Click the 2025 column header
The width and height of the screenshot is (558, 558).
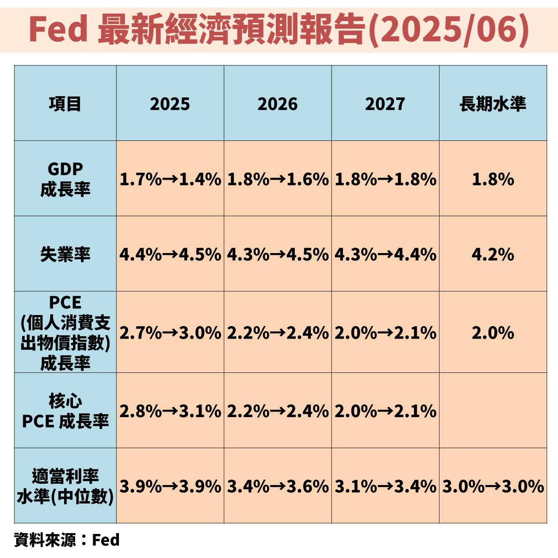pyautogui.click(x=170, y=104)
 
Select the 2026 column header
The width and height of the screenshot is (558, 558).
pyautogui.click(x=278, y=104)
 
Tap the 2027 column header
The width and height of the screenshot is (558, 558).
pyautogui.click(x=385, y=104)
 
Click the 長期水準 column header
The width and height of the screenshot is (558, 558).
pyautogui.click(x=493, y=104)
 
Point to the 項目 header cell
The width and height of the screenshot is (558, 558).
pyautogui.click(x=65, y=104)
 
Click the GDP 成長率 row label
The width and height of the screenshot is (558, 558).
pyautogui.click(x=65, y=179)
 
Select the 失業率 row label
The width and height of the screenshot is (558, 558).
pyautogui.click(x=65, y=254)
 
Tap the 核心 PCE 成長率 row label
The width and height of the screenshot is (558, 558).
pyautogui.click(x=65, y=411)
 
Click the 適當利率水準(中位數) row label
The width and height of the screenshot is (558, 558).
pyautogui.click(x=65, y=486)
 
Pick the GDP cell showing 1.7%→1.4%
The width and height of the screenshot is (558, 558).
pyautogui.click(x=170, y=179)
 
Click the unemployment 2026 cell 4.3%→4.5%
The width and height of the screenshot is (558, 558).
pyautogui.click(x=278, y=254)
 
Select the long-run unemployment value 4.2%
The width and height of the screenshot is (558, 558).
pyautogui.click(x=493, y=254)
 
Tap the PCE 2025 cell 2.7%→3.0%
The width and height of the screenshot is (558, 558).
pyautogui.click(x=170, y=333)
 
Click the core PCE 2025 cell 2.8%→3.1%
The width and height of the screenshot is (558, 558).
pyautogui.click(x=170, y=411)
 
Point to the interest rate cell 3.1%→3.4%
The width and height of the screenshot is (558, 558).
pyautogui.click(x=385, y=486)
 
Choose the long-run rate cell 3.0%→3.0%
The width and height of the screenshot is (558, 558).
pyautogui.click(x=493, y=486)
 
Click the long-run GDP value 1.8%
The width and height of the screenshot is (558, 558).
pyautogui.click(x=493, y=179)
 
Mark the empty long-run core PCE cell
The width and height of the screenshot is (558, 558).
pyautogui.click(x=493, y=411)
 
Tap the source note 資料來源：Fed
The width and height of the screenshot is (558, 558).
pyautogui.click(x=67, y=540)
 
